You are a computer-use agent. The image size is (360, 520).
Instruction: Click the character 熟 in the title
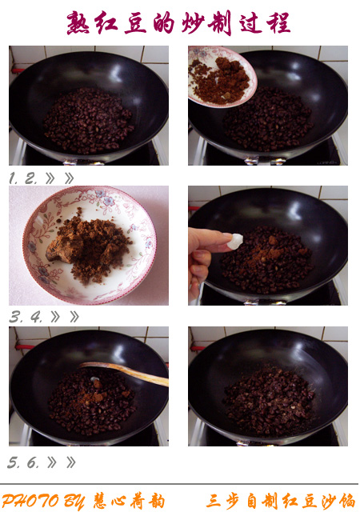coord(78,23)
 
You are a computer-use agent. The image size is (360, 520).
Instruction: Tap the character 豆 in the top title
coord(135,23)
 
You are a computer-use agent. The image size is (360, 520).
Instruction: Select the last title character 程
coord(278,23)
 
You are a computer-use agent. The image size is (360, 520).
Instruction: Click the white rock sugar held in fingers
coord(235,241)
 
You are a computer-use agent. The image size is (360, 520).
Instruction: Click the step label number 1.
coord(13,178)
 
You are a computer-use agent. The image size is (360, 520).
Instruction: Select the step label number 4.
coord(36,318)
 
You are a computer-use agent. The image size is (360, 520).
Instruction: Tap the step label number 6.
coord(33,462)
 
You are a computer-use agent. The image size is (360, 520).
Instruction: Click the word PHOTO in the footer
coord(30,501)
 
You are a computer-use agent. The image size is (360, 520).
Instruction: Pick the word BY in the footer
coord(74,502)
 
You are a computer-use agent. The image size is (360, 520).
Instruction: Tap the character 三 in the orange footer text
coord(214,501)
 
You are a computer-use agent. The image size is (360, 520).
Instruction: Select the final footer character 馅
coord(347,501)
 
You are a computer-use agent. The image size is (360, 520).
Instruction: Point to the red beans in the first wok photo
coord(89,120)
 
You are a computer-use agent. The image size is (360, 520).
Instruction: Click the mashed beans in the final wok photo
coord(269,401)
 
